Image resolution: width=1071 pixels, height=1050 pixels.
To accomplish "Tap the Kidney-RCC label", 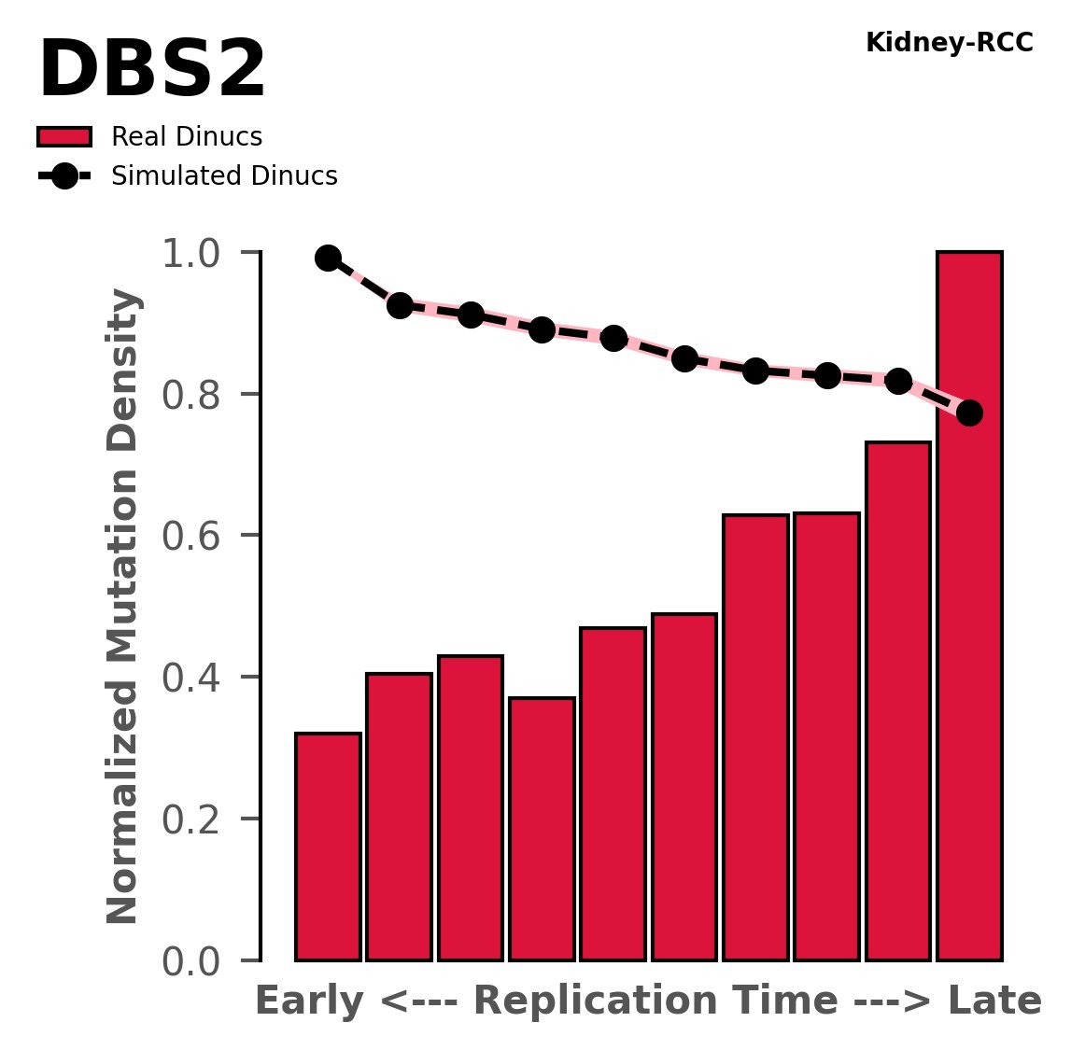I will (x=949, y=43).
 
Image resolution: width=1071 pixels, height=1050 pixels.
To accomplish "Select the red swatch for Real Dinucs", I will (x=64, y=137).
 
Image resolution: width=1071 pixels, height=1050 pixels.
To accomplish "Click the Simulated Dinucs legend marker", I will (x=64, y=176).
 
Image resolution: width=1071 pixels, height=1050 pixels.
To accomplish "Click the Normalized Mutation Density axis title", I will (x=123, y=607).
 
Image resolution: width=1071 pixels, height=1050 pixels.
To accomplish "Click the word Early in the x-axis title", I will (x=308, y=1001).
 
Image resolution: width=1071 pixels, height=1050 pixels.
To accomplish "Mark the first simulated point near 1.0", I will (x=328, y=258).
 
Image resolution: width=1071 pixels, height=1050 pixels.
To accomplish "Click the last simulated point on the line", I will (x=969, y=413).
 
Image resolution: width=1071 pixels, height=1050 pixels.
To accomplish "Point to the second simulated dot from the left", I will (x=400, y=305).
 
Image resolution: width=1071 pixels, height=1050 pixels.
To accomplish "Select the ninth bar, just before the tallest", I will (x=898, y=701).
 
